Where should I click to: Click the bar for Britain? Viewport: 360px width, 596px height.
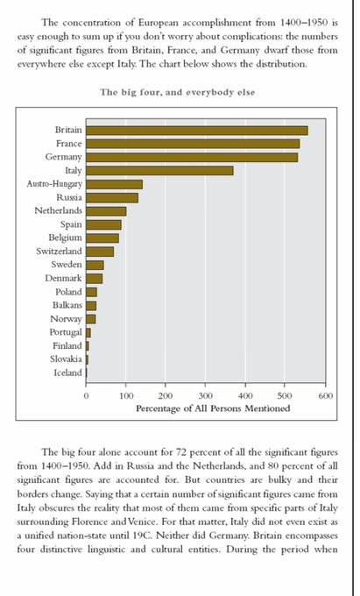(197, 131)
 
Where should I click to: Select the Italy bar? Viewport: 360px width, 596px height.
(160, 171)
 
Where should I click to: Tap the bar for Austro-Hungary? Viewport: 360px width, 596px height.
(114, 184)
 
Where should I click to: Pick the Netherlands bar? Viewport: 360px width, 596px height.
(106, 211)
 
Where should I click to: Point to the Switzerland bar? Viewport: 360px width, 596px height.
(100, 252)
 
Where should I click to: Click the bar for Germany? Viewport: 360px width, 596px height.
(192, 158)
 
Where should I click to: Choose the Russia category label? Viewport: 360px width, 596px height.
(69, 197)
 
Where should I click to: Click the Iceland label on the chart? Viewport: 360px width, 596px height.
(67, 372)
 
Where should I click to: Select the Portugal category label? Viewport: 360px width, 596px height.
(66, 332)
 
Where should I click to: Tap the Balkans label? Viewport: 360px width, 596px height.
(67, 305)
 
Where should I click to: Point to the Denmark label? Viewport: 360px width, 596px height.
(63, 278)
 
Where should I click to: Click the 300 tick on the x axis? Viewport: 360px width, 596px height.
(206, 395)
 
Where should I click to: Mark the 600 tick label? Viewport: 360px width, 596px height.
(326, 395)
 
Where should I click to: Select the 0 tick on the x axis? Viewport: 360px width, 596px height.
(86, 395)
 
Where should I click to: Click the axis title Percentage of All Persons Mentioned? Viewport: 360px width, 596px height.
(213, 408)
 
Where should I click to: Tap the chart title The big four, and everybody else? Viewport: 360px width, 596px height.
(177, 92)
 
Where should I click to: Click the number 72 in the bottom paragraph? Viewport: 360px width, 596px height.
(180, 452)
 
